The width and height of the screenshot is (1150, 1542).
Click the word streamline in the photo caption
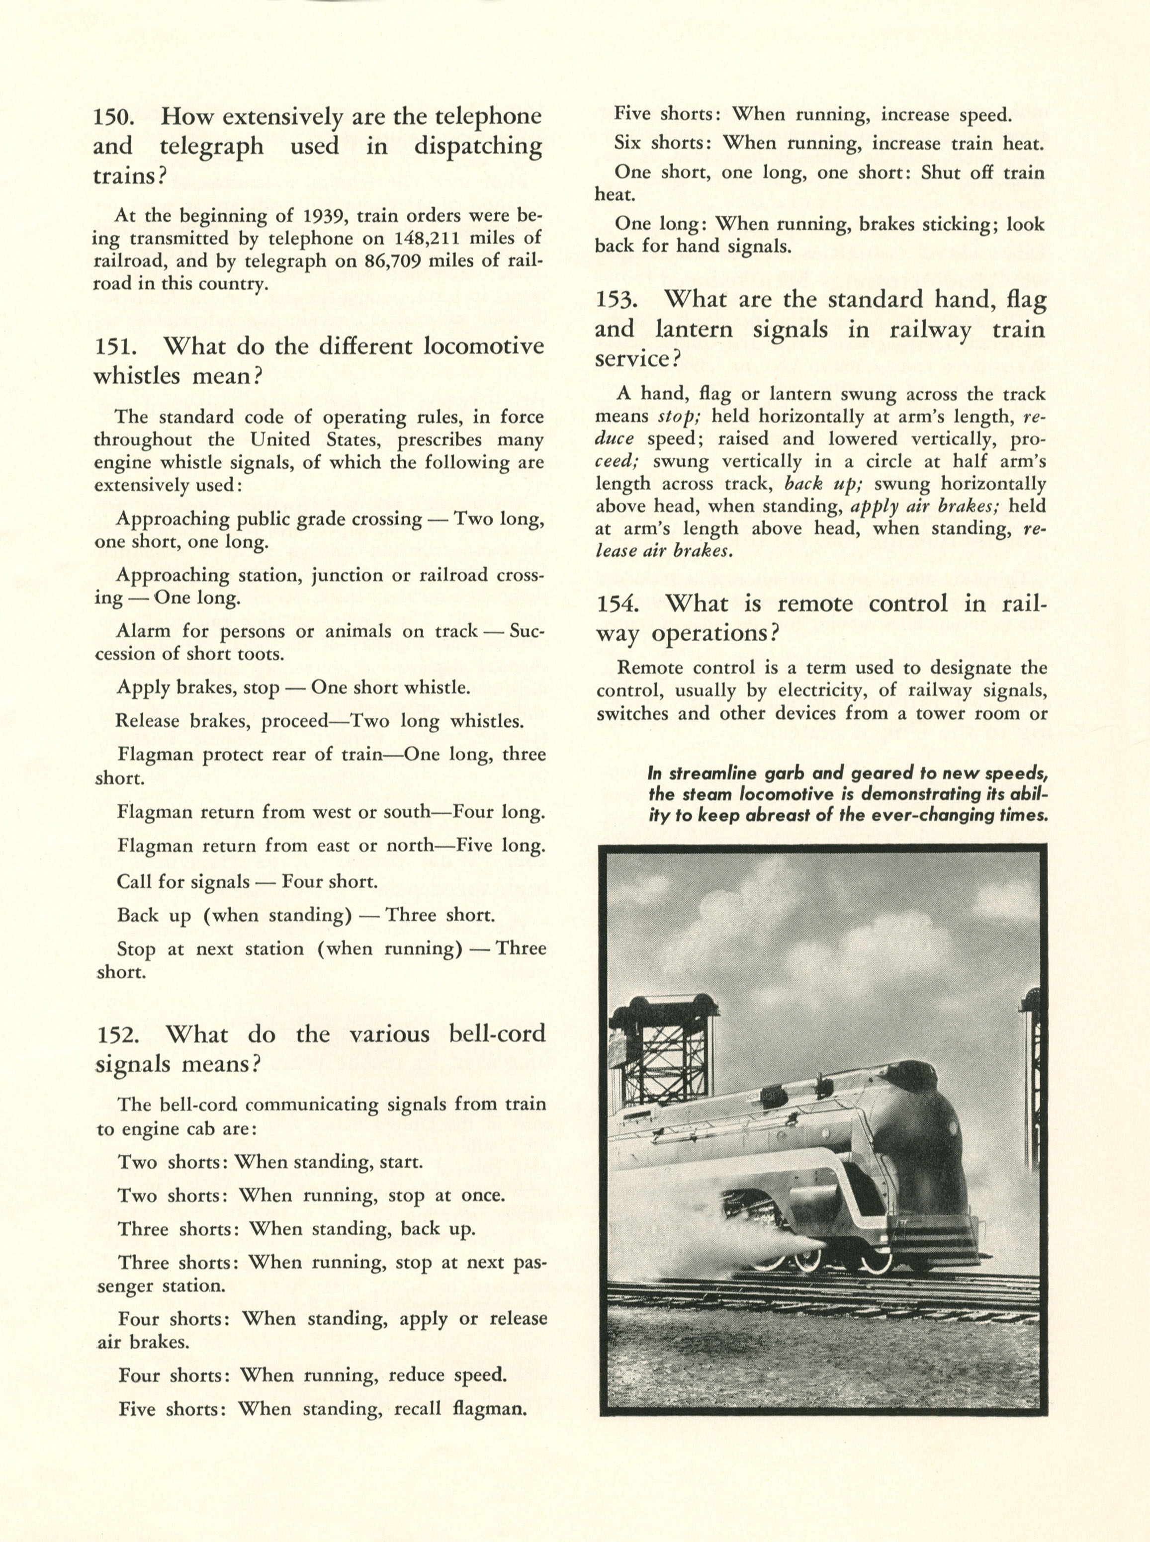tap(704, 773)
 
